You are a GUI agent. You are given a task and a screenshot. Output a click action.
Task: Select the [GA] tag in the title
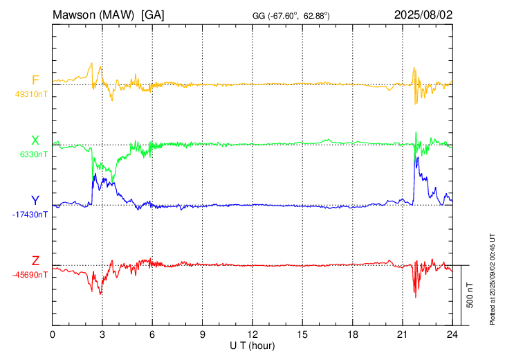[x=152, y=14]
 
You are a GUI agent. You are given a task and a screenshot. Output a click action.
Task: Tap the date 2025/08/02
[x=423, y=14]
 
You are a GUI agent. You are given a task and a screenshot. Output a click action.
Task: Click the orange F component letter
[x=35, y=80]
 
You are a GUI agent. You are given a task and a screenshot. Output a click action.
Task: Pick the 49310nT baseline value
[x=31, y=93]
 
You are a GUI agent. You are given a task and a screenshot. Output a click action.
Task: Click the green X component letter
[x=35, y=141]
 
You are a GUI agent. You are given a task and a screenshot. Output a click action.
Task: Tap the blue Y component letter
[x=35, y=201]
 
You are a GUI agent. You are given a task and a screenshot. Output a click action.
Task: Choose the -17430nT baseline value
[x=30, y=215]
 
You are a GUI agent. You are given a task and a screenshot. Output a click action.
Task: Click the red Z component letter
[x=35, y=261]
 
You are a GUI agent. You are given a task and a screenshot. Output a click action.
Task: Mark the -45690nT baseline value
[x=30, y=275]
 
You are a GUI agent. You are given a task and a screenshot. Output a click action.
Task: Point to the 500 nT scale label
[x=470, y=294]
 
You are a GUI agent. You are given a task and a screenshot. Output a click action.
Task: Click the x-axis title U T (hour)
[x=252, y=345]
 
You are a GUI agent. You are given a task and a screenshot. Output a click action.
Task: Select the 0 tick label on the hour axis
[x=53, y=334]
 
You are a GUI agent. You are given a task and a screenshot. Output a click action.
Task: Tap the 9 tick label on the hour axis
[x=203, y=334]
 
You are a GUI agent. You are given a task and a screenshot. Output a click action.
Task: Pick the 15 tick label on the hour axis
[x=302, y=334]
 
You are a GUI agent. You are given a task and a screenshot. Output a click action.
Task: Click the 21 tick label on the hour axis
[x=403, y=334]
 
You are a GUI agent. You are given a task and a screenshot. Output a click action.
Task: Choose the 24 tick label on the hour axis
[x=452, y=334]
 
